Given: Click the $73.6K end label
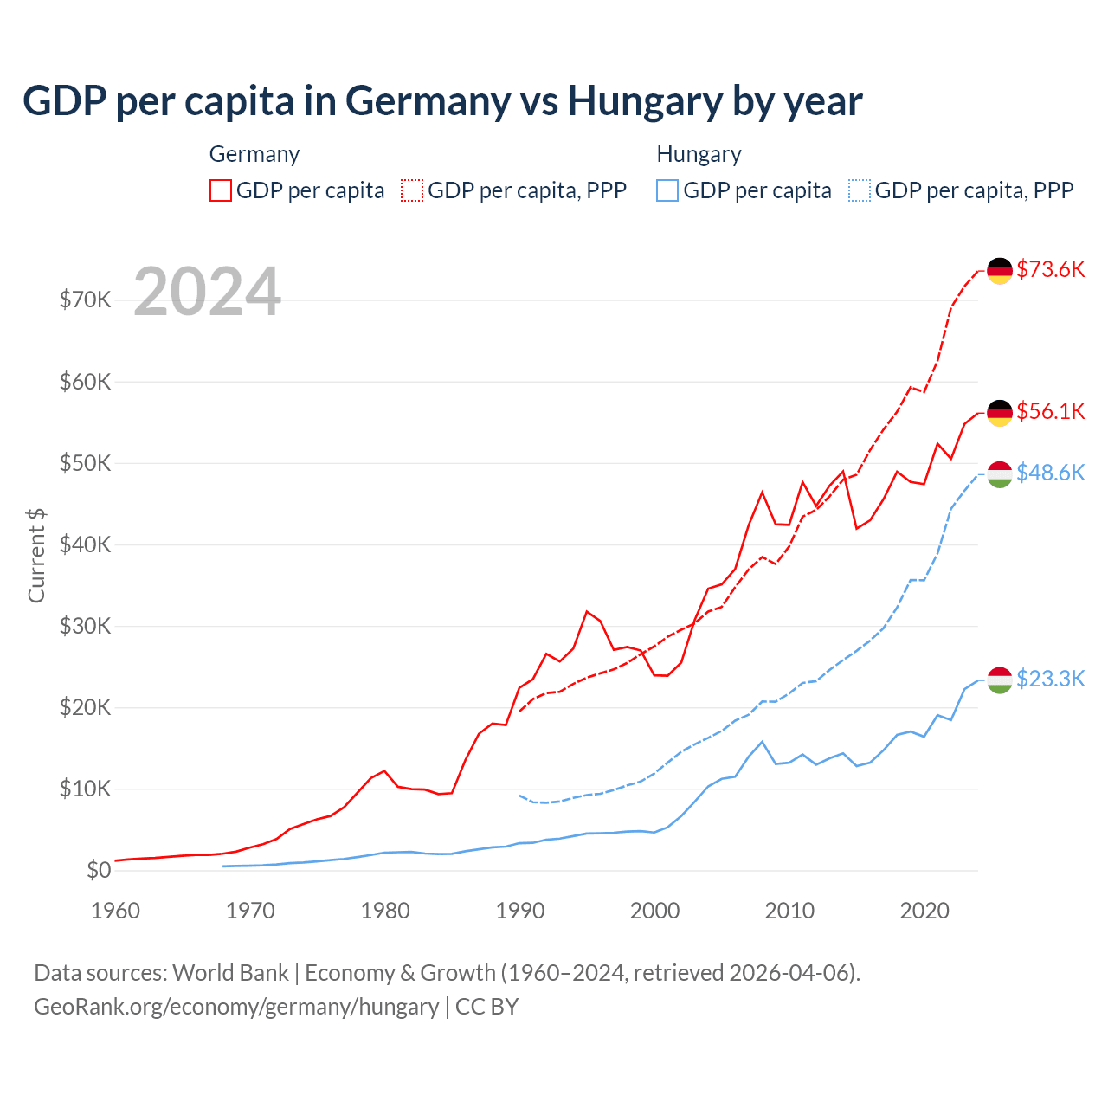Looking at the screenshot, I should [x=1050, y=269].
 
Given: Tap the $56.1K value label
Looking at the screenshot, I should [x=1050, y=411].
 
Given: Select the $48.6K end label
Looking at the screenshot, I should [x=1050, y=473].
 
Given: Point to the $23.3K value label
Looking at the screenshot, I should [x=1050, y=679].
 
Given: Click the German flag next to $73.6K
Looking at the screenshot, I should [x=1000, y=270].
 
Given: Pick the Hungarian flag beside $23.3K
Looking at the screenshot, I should [x=1000, y=680].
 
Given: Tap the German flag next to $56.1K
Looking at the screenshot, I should [x=1000, y=412].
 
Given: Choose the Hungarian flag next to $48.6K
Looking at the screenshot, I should [x=1000, y=473].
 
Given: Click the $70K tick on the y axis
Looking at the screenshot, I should [x=85, y=300].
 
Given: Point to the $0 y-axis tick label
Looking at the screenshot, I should [x=99, y=871].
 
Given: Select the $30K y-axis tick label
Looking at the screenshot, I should [x=85, y=626].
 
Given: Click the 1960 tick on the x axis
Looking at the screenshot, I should [x=115, y=911].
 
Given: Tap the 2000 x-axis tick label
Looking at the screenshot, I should [x=654, y=911].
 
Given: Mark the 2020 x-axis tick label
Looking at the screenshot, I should [x=924, y=911].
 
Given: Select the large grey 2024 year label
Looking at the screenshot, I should [x=207, y=292].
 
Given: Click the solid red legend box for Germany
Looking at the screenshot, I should [x=221, y=190].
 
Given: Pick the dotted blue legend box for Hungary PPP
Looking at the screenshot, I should [x=860, y=190].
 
